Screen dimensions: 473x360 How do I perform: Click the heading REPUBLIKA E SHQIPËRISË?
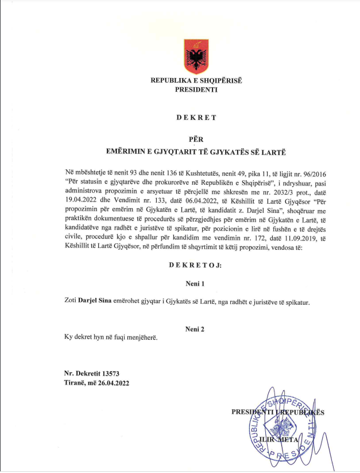click(x=196, y=81)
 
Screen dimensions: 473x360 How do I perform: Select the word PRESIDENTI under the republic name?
click(x=196, y=90)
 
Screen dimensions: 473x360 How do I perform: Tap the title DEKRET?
click(x=196, y=117)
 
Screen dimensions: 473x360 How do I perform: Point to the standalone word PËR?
click(x=196, y=138)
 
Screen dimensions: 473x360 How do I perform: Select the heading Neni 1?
click(x=196, y=284)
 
